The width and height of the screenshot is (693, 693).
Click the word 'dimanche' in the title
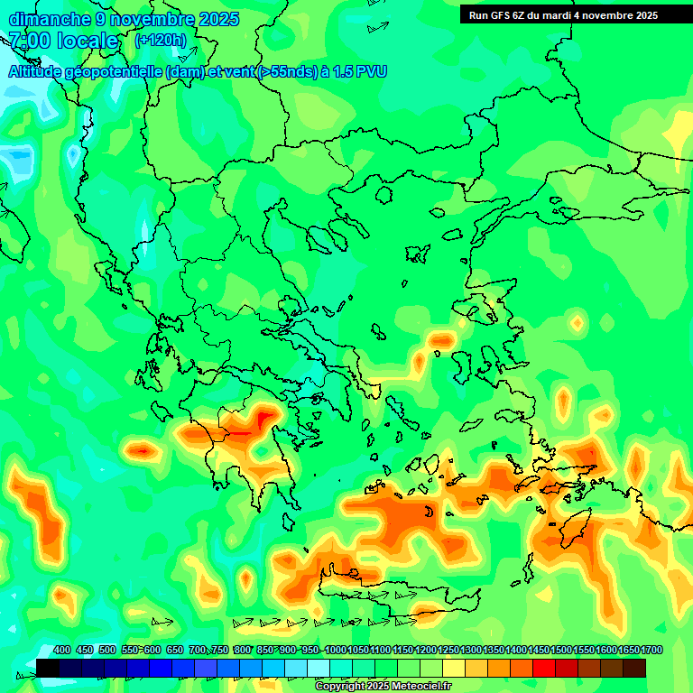point(49,19)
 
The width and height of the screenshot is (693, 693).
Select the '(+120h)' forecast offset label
point(161,40)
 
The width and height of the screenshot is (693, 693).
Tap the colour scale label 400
point(62,651)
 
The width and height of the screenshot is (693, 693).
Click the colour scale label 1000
point(336,651)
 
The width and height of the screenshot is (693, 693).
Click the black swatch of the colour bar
point(48,668)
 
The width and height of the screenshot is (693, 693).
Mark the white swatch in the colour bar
point(319,668)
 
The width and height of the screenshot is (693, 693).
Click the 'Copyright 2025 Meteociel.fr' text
point(383,686)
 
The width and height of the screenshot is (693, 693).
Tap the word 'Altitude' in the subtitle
point(38,71)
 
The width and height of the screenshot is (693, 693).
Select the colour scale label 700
point(198,651)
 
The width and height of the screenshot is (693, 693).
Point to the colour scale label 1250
point(448,651)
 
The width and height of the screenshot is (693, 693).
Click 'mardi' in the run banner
point(560,15)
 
